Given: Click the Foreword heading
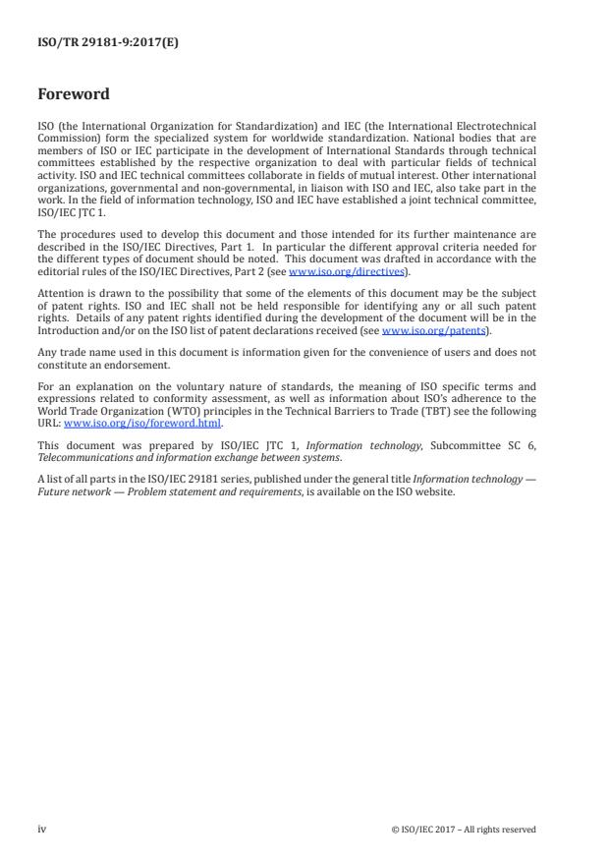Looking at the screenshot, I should click(x=74, y=94).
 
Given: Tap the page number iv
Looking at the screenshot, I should click(x=41, y=829).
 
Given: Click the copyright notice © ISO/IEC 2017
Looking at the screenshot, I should click(x=463, y=830).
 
